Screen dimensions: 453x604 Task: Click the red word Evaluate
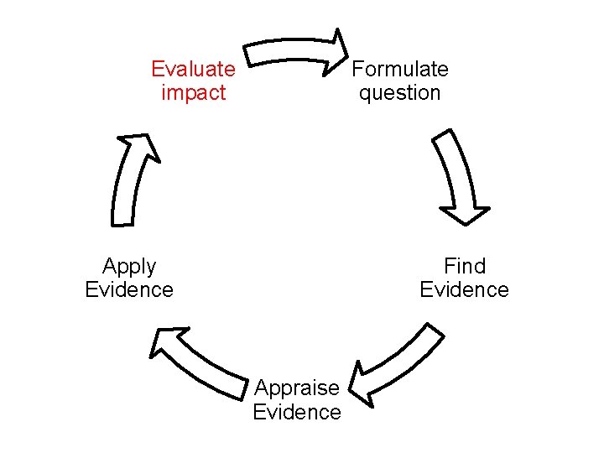pyautogui.click(x=193, y=69)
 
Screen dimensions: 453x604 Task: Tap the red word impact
pyautogui.click(x=193, y=92)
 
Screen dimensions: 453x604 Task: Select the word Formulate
pyautogui.click(x=400, y=69)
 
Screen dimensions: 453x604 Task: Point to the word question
pyautogui.click(x=400, y=92)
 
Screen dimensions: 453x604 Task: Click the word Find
pyautogui.click(x=465, y=266)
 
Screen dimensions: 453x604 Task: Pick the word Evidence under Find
pyautogui.click(x=465, y=289)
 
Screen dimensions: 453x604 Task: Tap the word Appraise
pyautogui.click(x=297, y=388)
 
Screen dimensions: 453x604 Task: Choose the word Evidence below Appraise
pyautogui.click(x=297, y=412)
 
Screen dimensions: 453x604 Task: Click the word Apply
pyautogui.click(x=129, y=266)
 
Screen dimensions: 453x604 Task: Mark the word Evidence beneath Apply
pyautogui.click(x=129, y=289)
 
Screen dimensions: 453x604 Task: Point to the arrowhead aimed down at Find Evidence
pyautogui.click(x=463, y=213)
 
